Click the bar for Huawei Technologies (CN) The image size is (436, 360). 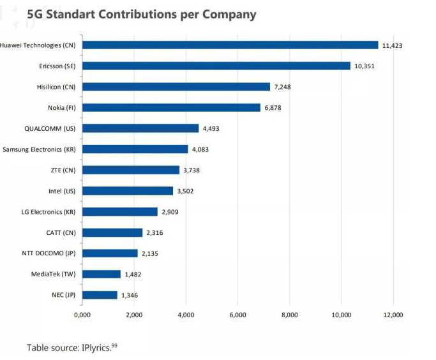click(x=230, y=45)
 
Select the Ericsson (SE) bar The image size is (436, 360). click(x=216, y=66)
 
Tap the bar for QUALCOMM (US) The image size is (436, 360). click(x=140, y=128)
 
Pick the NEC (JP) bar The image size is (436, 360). click(x=100, y=295)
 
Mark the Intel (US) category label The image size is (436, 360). click(x=62, y=191)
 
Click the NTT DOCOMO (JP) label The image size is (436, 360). click(x=49, y=253)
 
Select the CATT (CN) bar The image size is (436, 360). click(x=112, y=232)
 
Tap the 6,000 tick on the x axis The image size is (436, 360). click(x=237, y=315)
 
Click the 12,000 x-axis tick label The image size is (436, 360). click(x=393, y=315)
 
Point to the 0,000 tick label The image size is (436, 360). click(x=82, y=315)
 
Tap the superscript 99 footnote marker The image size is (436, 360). click(x=114, y=345)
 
